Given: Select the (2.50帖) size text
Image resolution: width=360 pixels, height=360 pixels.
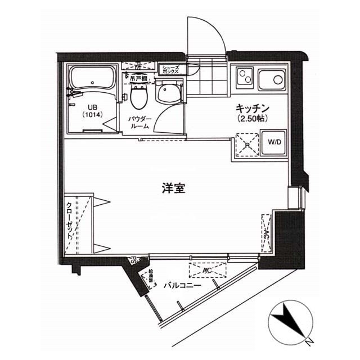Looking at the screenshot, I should pyautogui.click(x=251, y=119).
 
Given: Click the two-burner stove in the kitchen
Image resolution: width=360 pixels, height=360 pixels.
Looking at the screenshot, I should pyautogui.click(x=246, y=79).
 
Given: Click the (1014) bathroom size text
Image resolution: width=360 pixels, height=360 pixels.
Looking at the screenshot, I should pyautogui.click(x=92, y=115).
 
